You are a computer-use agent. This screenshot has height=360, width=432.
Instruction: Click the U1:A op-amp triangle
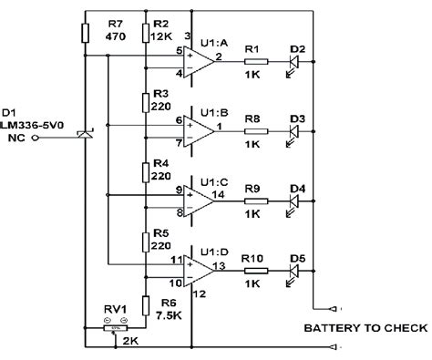coord(200,61)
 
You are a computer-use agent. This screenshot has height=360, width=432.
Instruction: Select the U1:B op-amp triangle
coord(200,130)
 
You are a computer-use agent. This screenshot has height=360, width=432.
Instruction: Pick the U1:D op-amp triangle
coord(200,268)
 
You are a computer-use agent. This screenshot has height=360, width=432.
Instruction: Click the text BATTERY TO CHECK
coord(365,326)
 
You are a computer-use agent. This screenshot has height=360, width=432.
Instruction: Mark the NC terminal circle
coord(35,139)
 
